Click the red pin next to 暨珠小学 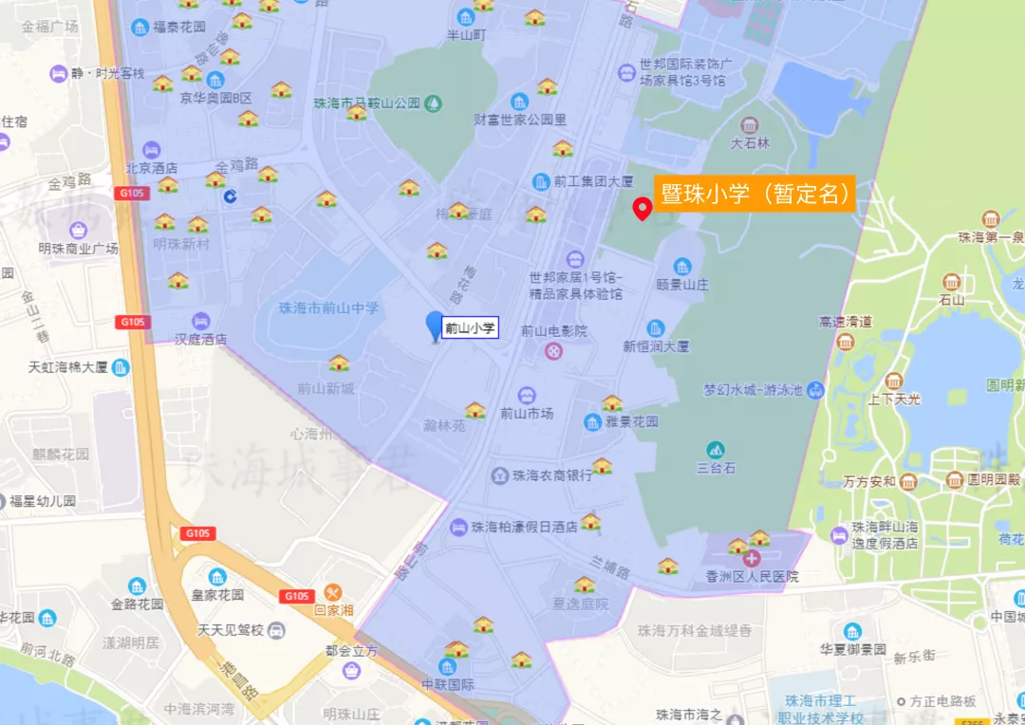pos(643,209)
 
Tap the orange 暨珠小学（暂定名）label pos(755,194)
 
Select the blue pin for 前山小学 pos(436,325)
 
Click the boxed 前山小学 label pos(471,329)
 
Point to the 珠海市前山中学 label pos(328,307)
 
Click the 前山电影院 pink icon pos(553,351)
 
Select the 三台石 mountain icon pos(716,449)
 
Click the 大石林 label pos(750,144)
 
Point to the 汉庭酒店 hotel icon pos(200,321)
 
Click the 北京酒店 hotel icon pos(152,150)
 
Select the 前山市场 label pos(527,414)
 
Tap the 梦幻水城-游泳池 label pos(753,390)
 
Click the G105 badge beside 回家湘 pos(295,596)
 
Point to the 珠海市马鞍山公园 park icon pos(433,102)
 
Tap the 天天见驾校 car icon pos(276,631)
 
